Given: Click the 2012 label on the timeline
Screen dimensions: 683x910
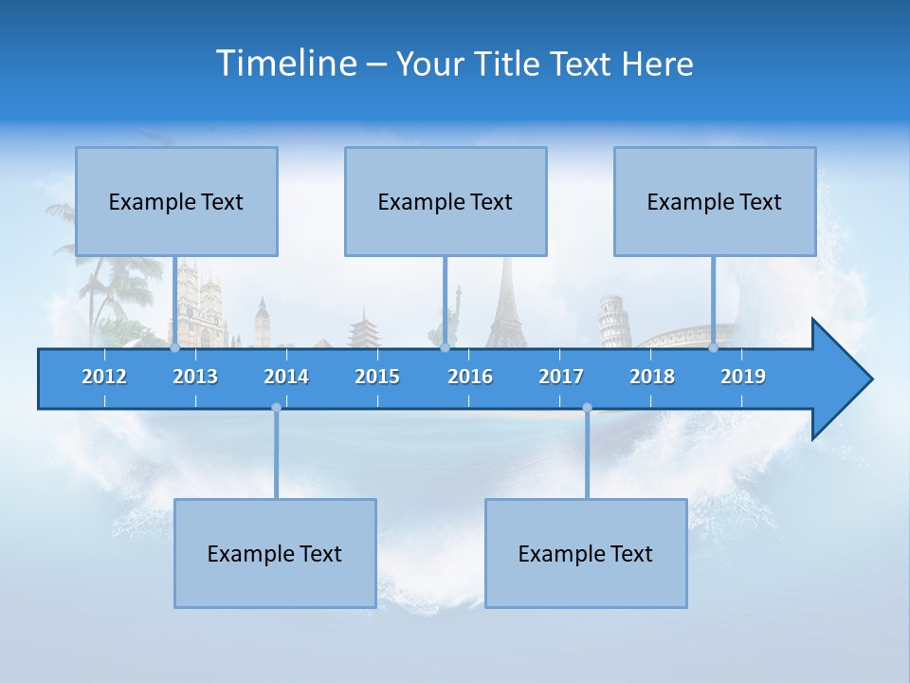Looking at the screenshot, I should [x=104, y=377].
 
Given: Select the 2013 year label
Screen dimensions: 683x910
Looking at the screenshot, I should [x=195, y=377].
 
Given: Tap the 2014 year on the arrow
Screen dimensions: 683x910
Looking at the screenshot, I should [x=286, y=377].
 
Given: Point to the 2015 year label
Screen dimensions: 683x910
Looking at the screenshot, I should [x=377, y=377].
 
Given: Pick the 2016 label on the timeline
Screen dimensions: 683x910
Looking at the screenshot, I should [x=470, y=377].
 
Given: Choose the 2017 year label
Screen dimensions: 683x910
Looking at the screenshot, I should [x=561, y=377].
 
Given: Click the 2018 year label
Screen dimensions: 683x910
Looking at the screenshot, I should [x=652, y=377].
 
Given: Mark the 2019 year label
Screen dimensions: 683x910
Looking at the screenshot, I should [x=743, y=377].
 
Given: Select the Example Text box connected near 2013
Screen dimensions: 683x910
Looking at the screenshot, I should [x=176, y=201].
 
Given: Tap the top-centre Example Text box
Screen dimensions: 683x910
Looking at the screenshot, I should [x=446, y=201].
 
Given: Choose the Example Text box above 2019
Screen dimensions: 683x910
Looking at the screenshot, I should [x=715, y=201].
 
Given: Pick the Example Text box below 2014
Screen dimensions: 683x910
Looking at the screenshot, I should [x=275, y=553].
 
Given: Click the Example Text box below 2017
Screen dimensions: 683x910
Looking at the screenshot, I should [x=586, y=553].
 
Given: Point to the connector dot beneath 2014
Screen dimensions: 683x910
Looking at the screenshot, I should [x=276, y=408].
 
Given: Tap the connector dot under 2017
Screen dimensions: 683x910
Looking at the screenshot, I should [x=587, y=408].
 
